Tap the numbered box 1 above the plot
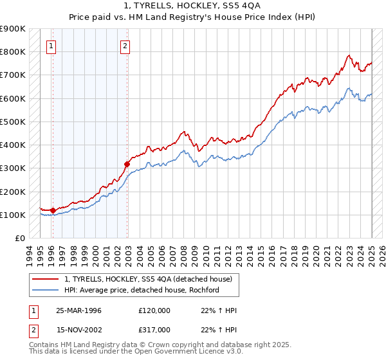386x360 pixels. (51, 46)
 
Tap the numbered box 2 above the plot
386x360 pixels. (125, 46)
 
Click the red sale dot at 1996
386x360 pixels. (53, 210)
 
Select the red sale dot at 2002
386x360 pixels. (127, 165)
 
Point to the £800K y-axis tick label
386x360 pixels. (13, 51)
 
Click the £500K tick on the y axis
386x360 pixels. (13, 122)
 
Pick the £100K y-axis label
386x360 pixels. (13, 215)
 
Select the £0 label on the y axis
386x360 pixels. (20, 238)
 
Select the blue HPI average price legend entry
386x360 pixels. (142, 290)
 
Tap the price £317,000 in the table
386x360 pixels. (154, 329)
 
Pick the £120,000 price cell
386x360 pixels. (154, 310)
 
